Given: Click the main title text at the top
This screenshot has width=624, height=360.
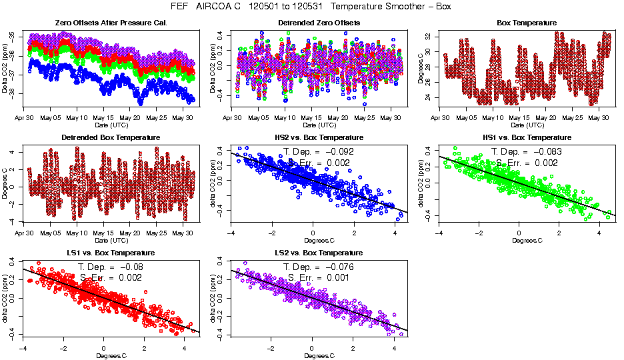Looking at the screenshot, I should coord(312,7).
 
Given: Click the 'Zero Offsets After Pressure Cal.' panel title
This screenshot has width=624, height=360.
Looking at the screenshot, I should coord(105,23).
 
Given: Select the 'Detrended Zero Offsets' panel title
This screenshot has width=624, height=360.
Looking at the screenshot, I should coord(318,23).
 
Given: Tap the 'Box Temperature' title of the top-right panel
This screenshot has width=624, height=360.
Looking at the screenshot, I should coord(527,23).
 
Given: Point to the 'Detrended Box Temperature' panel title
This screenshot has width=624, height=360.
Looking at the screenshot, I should coord(105,138).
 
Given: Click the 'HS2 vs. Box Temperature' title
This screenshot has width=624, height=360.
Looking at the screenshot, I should coord(318,138).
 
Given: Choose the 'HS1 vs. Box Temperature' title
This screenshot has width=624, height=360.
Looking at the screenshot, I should coord(527,138).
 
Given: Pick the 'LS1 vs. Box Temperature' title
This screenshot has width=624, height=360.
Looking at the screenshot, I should coord(105,253).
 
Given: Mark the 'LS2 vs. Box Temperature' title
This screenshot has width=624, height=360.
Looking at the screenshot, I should coord(318,253).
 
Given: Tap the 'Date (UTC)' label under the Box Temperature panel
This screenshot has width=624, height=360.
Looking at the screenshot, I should coord(527,125).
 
